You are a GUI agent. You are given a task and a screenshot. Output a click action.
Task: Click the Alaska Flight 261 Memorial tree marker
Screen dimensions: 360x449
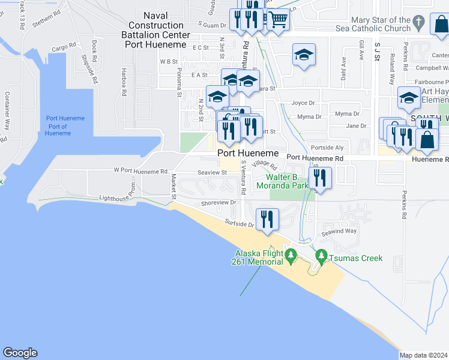tap(291, 256)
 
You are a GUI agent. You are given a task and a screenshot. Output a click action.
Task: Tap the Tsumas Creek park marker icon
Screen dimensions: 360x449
tap(321, 256)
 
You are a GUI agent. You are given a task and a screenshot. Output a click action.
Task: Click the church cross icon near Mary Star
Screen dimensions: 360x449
tap(419, 24)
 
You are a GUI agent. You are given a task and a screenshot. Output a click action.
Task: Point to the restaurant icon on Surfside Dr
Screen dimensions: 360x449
tap(265, 219)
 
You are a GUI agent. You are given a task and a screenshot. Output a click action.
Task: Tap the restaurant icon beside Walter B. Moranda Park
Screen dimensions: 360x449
tap(319, 178)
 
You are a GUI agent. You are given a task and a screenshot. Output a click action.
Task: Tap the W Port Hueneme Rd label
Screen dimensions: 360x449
tap(140, 171)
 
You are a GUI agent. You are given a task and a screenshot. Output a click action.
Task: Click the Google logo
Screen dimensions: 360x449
tap(20, 353)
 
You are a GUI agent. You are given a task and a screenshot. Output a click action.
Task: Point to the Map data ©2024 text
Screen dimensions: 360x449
tap(423, 355)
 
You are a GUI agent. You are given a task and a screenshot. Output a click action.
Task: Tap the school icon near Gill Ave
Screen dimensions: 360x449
tap(304, 56)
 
